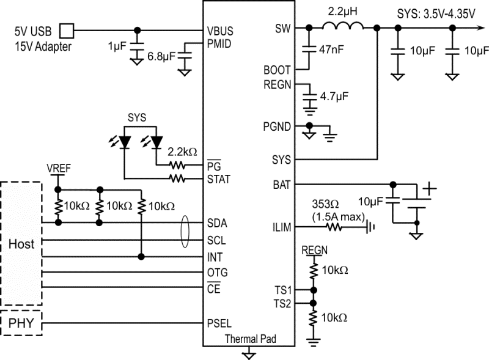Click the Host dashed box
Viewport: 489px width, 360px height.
[x=21, y=243]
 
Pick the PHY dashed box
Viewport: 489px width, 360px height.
[x=21, y=322]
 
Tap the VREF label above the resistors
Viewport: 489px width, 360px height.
[x=58, y=167]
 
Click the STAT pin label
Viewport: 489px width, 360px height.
[x=220, y=179]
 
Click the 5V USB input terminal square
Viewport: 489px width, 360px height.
[x=69, y=29]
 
